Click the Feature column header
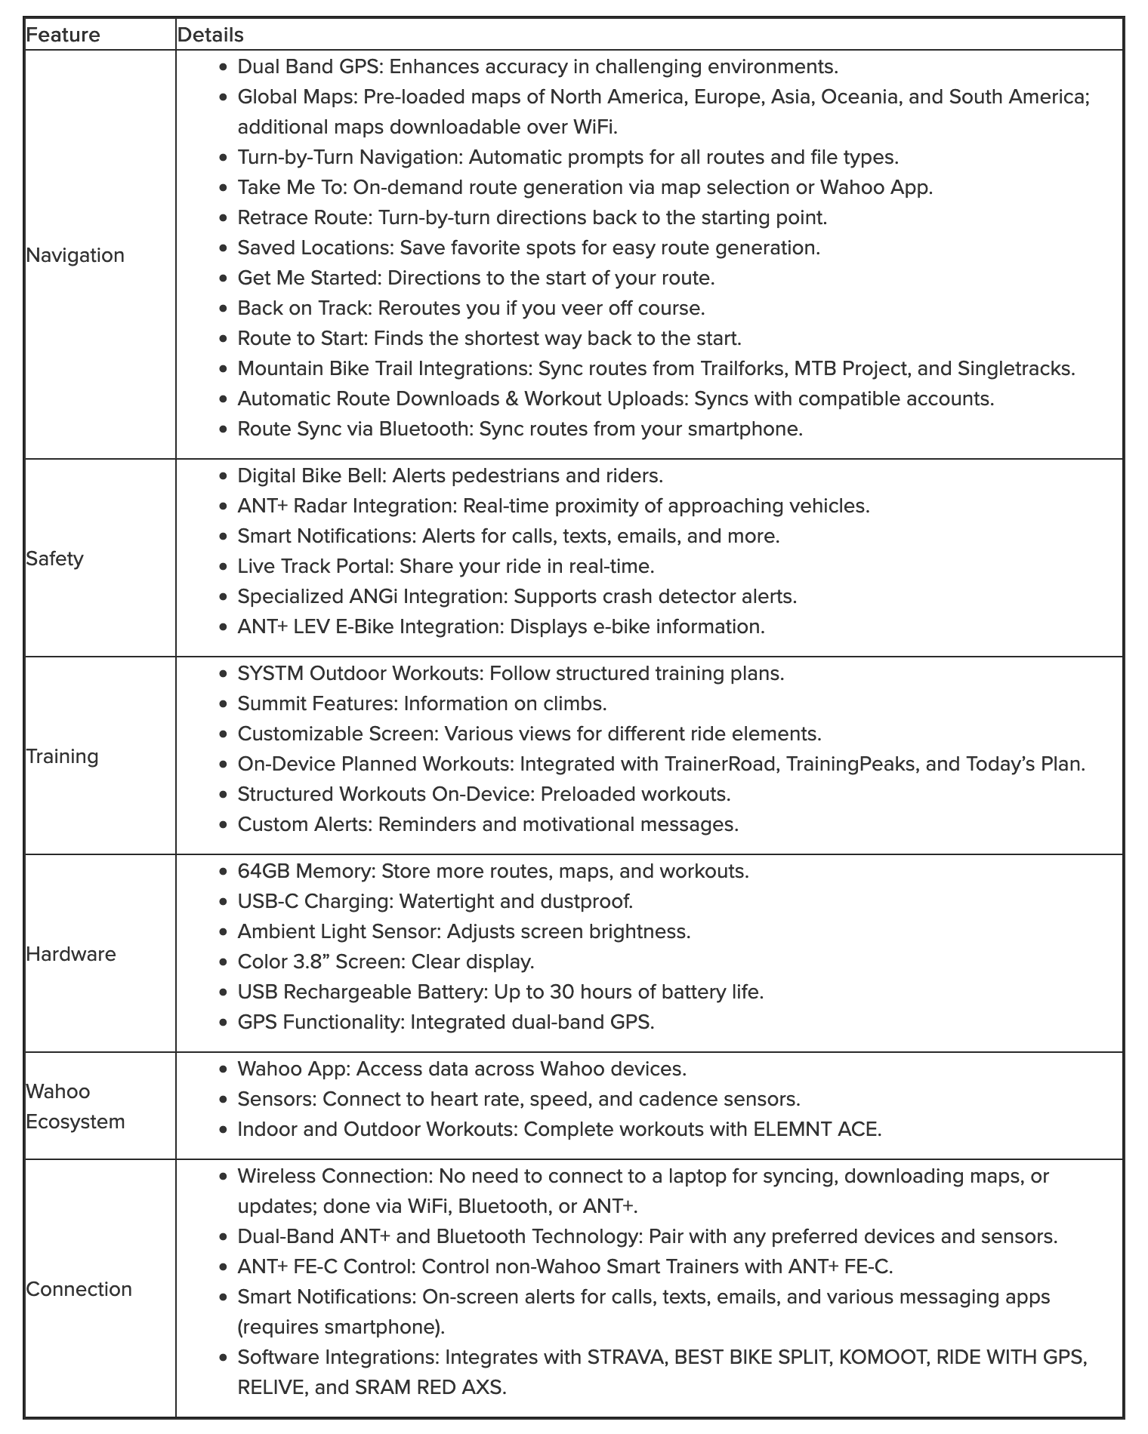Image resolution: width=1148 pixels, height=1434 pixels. click(x=63, y=35)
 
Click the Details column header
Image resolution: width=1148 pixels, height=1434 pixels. click(x=210, y=35)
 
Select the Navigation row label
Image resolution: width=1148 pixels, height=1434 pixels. click(x=75, y=255)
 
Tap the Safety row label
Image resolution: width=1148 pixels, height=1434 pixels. click(x=54, y=559)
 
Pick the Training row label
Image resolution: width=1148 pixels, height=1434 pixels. click(x=62, y=756)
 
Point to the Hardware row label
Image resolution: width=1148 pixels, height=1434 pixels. click(x=71, y=954)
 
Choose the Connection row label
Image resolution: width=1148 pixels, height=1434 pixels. click(x=79, y=1289)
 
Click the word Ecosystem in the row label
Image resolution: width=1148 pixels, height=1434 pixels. click(x=75, y=1122)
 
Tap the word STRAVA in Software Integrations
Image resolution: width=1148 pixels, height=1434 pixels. click(x=626, y=1357)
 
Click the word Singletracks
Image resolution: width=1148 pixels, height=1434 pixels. click(x=1015, y=368)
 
